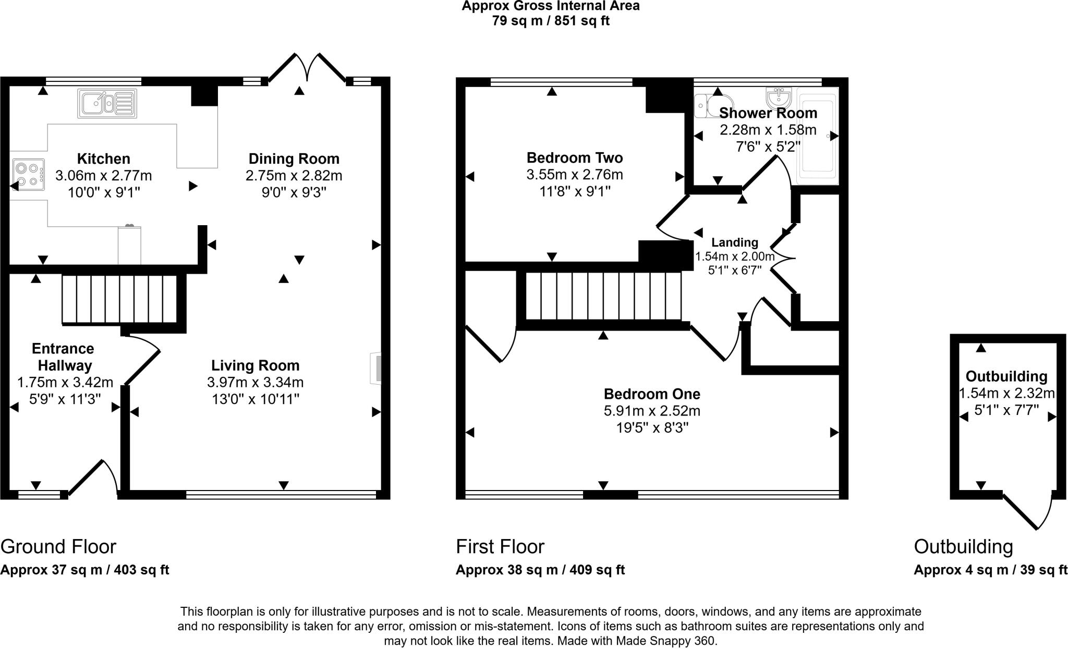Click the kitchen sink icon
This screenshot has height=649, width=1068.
[107, 103]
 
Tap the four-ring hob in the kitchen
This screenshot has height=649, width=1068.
[28, 175]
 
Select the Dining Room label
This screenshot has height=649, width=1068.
[294, 158]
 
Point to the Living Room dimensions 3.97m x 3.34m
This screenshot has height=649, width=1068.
[255, 382]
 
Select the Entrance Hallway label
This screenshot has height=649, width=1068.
[63, 357]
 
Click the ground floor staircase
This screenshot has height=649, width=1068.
[120, 299]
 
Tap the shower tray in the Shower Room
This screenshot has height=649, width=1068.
[817, 136]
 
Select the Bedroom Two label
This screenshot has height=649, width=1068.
[574, 157]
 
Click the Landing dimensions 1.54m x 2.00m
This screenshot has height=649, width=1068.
[734, 256]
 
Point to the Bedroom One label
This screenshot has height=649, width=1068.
[652, 394]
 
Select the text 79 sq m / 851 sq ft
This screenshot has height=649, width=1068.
[550, 21]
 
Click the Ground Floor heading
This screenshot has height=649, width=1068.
[58, 546]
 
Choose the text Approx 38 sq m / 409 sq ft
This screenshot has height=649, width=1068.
[540, 570]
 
